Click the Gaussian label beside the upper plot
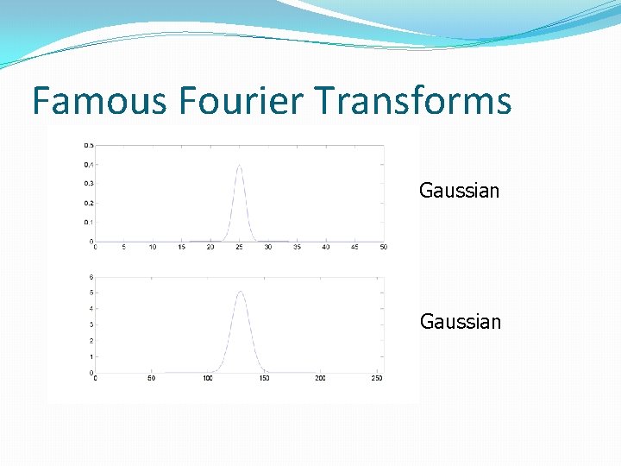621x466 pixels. (459, 191)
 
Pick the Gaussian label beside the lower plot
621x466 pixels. (460, 322)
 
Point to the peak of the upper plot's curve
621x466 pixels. (239, 166)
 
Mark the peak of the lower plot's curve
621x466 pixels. (240, 292)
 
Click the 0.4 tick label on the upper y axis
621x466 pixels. (88, 165)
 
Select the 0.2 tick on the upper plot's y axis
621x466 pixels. (88, 203)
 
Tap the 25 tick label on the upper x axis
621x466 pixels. (239, 248)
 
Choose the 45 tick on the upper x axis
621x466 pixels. (354, 248)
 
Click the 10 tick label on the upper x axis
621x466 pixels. (153, 248)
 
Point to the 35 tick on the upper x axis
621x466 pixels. (297, 248)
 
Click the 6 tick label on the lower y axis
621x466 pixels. (91, 277)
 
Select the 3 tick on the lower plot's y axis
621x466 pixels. (91, 324)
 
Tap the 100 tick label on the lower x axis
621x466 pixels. (207, 379)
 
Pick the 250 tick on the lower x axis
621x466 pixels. (376, 379)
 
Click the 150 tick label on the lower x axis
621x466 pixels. (264, 379)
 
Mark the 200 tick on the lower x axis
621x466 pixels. (320, 379)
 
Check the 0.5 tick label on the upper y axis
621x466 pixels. (88, 145)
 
